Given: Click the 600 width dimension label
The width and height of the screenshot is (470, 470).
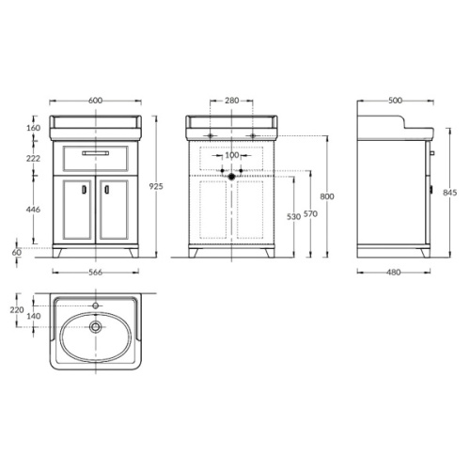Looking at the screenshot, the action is coord(95,101).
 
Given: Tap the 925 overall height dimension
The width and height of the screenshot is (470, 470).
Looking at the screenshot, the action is coord(156,186).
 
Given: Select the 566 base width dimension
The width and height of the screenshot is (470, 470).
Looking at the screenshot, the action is coord(95,272).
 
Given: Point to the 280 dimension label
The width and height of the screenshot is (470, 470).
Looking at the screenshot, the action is coord(231,101).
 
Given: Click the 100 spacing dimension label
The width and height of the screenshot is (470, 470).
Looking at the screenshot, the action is coord(232,155).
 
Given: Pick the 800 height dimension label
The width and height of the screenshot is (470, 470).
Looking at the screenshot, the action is coord(327,196).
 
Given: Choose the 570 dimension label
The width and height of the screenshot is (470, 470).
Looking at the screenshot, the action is coord(310,213).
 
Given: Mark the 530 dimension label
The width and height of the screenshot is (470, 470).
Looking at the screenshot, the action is coord(293,216).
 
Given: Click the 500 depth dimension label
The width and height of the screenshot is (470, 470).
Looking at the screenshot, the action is coord(395,101).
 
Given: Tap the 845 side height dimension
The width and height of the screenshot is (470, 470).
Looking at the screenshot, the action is coord(450,192).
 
